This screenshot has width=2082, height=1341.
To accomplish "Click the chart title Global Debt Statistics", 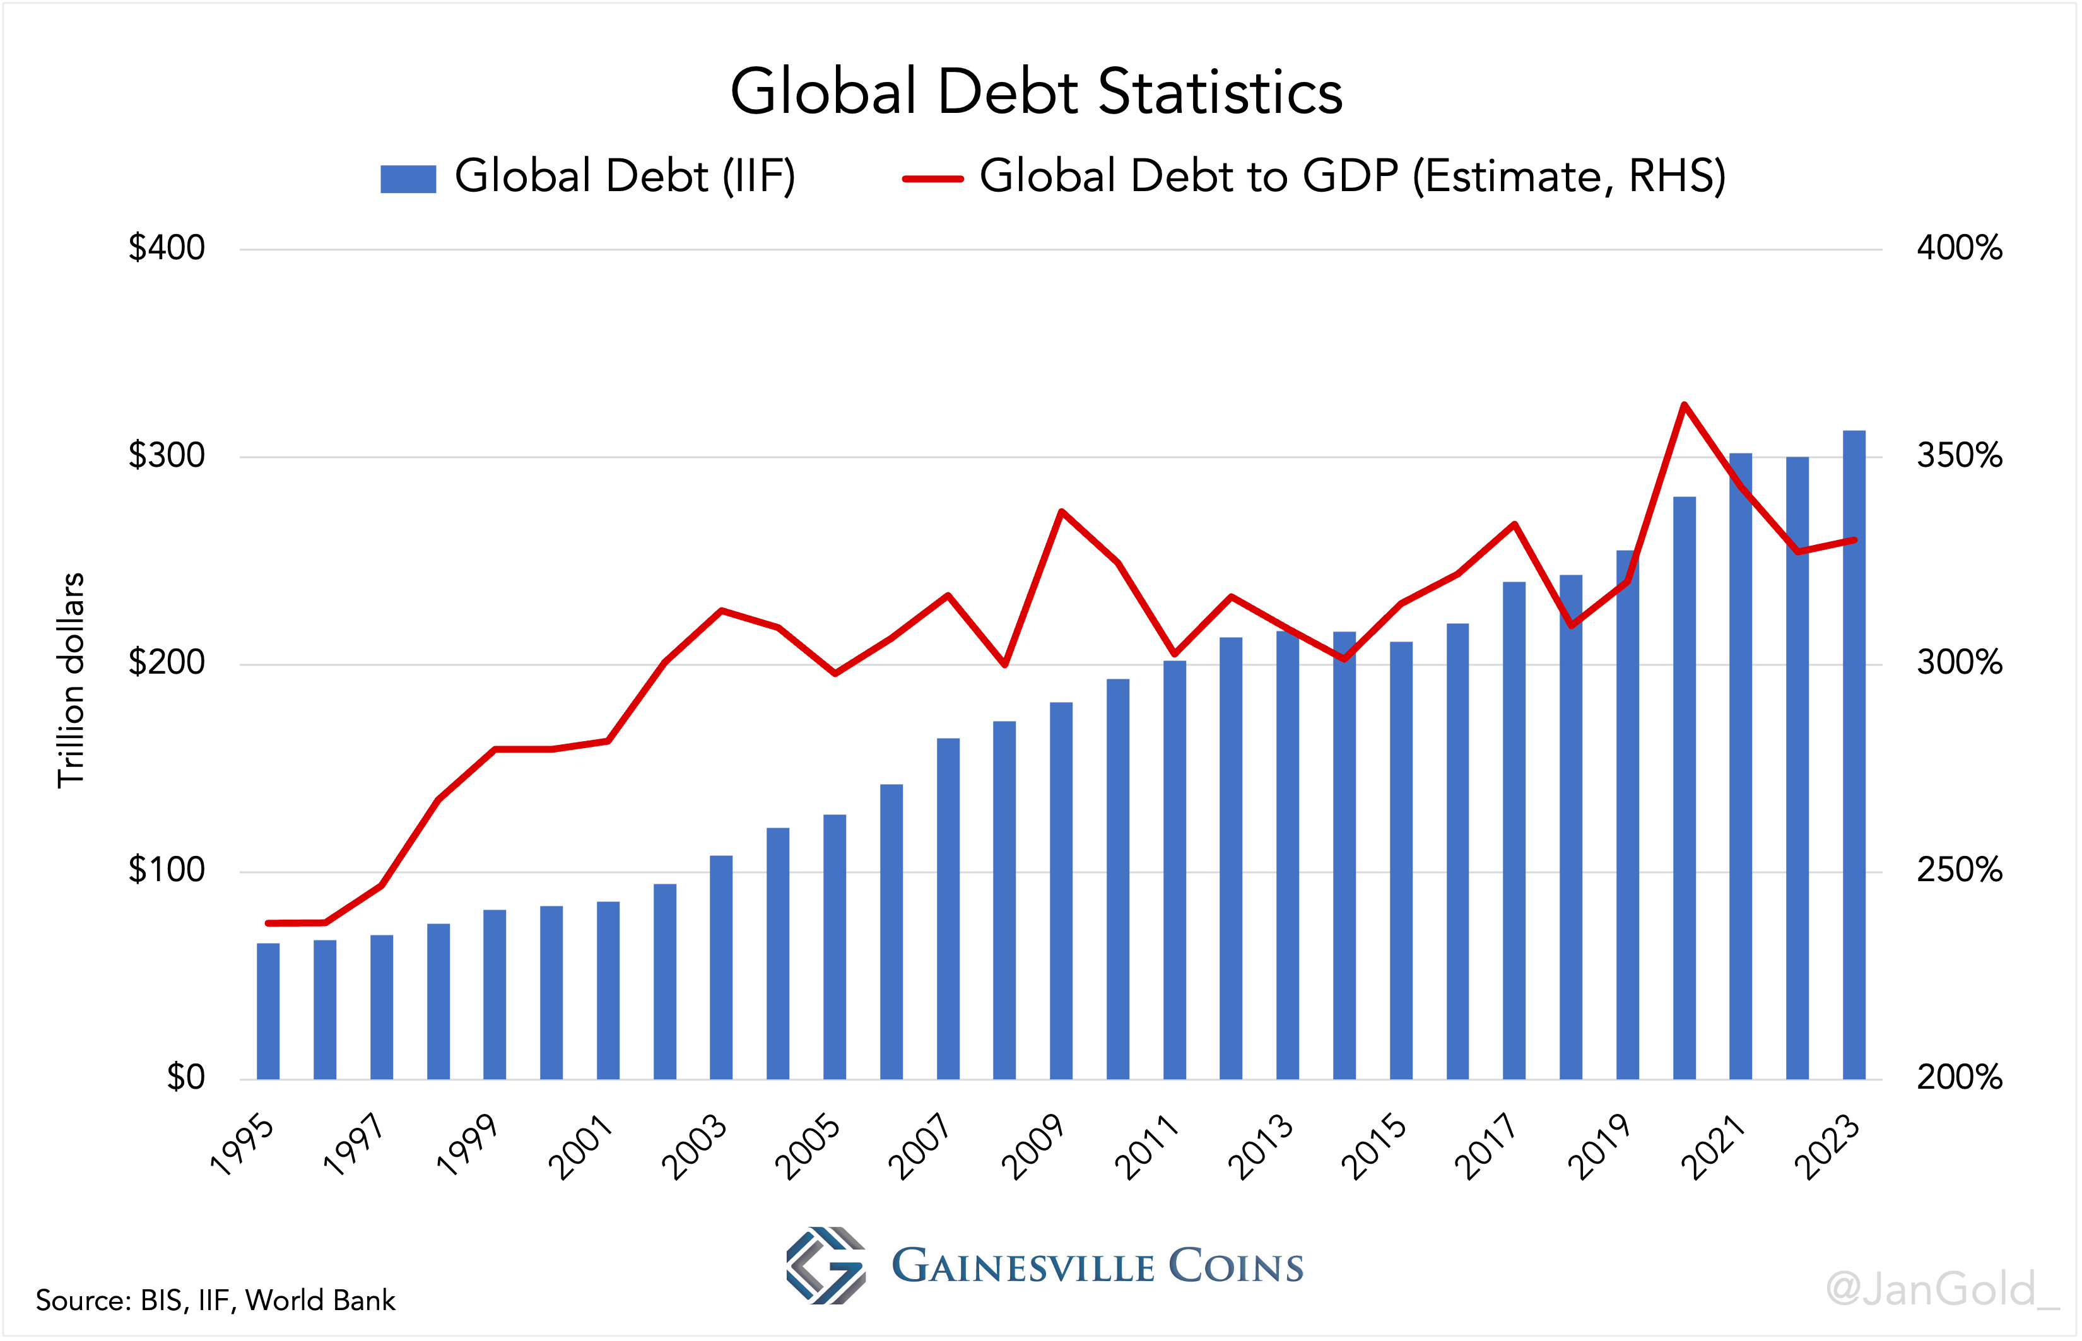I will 1036,91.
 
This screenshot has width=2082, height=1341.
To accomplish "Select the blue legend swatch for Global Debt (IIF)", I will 408,179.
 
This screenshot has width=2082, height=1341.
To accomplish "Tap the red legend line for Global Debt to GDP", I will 932,179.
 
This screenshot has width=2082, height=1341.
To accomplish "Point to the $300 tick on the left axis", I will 167,455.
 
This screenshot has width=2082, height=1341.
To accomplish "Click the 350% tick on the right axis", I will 1959,455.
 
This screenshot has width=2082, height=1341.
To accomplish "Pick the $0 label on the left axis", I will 185,1078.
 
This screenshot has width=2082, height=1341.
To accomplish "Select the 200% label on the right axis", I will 1959,1078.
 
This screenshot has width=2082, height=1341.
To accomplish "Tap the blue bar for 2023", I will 1854,758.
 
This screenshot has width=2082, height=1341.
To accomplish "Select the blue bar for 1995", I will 268,1010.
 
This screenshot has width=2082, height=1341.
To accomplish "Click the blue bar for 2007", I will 948,910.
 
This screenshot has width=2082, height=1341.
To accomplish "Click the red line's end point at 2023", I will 1855,540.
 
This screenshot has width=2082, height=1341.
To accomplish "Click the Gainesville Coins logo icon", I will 825,1265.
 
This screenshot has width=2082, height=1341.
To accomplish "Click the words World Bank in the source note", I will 320,1300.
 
